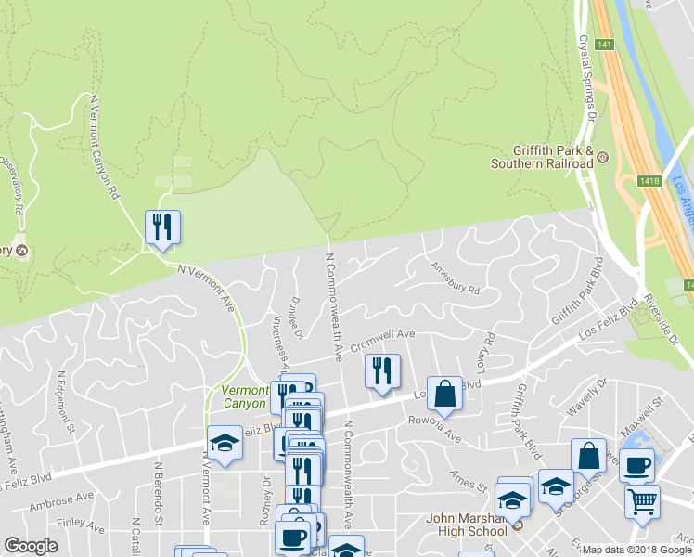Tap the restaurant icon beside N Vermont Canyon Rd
point(162,227)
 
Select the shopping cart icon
point(642,501)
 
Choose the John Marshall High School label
point(467,525)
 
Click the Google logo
point(31,546)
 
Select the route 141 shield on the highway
point(605,45)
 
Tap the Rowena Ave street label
point(434,429)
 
